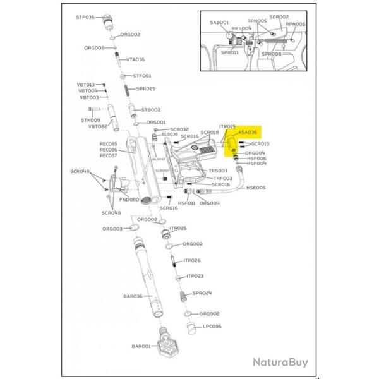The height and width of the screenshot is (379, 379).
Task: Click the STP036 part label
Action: click(85, 17)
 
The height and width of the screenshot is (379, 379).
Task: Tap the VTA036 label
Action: click(136, 59)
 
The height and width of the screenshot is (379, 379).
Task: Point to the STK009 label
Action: click(90, 120)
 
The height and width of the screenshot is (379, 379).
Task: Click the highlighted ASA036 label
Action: click(247, 133)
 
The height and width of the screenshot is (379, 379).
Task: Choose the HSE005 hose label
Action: click(256, 188)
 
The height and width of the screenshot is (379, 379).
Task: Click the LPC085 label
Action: click(211, 327)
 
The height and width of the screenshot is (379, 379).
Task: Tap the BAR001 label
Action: click(140, 346)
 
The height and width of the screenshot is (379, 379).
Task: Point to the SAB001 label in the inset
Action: click(219, 22)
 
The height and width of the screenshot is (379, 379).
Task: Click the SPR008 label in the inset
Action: click(272, 54)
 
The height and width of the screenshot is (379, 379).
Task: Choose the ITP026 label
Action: click(192, 260)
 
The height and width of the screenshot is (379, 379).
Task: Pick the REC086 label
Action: click(109, 150)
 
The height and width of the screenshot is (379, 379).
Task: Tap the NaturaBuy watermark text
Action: click(280, 363)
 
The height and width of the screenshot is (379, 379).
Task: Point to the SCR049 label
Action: click(80, 171)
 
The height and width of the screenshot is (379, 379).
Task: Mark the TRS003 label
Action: click(219, 171)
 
